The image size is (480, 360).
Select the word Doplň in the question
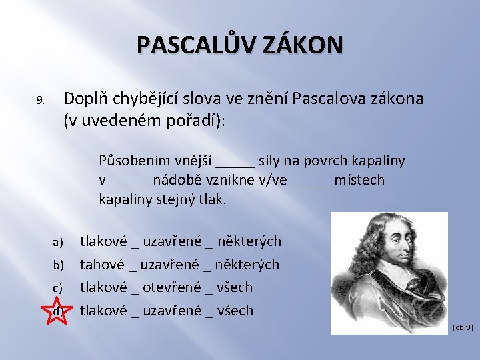pos(83,99)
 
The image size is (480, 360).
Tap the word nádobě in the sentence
pos(176,180)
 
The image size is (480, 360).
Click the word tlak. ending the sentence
pos(212,199)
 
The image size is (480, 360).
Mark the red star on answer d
pos(58,311)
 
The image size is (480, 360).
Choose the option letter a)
pos(58,241)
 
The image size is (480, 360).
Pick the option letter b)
pos(58,265)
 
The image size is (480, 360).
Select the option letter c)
pos(58,288)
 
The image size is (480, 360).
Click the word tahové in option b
pos(101,264)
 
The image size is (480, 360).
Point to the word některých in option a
pos(250,241)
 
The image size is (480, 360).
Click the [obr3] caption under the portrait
pos(462,327)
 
